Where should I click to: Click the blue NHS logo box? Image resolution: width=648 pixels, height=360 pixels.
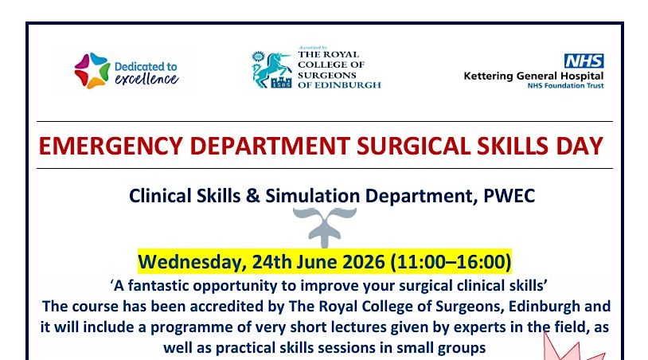click(584, 61)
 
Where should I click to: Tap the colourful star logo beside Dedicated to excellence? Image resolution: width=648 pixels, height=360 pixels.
click(92, 70)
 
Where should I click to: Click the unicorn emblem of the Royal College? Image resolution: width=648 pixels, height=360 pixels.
click(271, 69)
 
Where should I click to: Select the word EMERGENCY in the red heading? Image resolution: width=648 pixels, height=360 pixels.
click(111, 146)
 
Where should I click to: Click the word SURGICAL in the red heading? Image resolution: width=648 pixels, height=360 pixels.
click(413, 146)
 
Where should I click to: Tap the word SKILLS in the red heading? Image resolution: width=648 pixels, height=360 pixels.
click(513, 146)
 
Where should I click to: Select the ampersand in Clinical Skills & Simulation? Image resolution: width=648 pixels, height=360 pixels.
click(252, 196)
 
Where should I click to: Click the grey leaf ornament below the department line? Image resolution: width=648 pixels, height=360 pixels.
click(325, 227)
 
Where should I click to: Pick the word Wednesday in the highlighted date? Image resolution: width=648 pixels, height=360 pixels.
click(192, 261)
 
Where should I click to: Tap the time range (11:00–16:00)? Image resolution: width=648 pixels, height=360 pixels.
click(451, 261)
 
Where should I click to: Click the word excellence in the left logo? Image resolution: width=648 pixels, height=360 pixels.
click(146, 79)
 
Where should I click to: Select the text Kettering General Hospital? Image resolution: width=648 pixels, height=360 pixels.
click(533, 76)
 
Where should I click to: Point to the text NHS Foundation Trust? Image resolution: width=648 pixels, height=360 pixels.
click(565, 85)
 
